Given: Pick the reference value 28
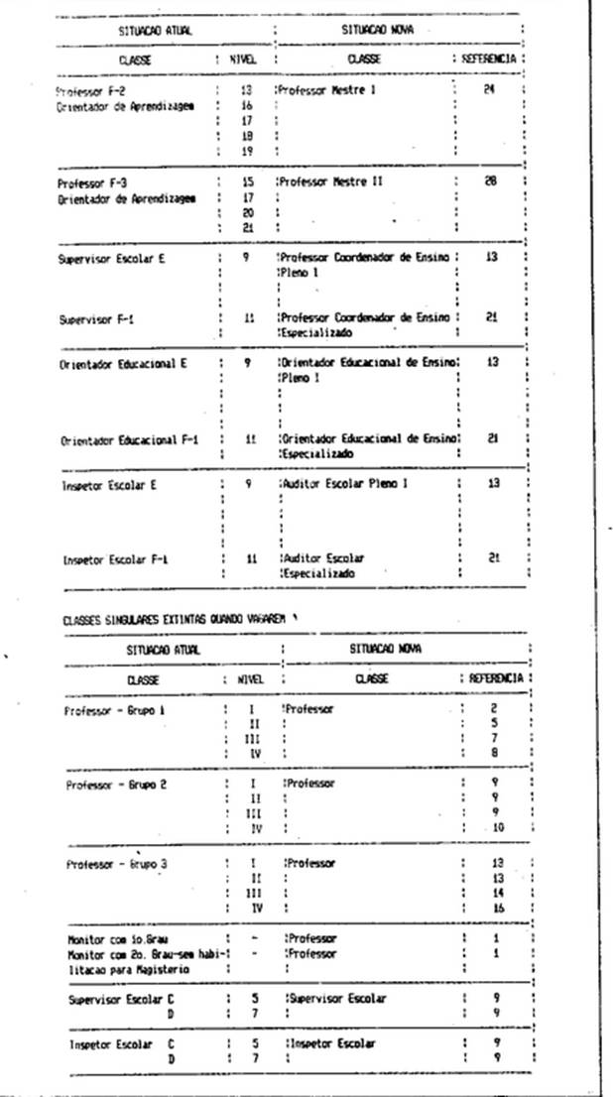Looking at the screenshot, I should point(490,183).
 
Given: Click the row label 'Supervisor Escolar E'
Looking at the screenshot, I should point(110,258).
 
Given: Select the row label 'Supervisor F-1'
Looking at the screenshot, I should point(96,319).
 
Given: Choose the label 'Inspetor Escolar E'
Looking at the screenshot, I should point(110,486).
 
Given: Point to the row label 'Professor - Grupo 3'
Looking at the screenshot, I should point(116,864).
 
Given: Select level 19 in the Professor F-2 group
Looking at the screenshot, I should point(248,151).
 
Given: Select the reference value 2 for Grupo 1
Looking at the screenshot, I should point(493,710).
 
